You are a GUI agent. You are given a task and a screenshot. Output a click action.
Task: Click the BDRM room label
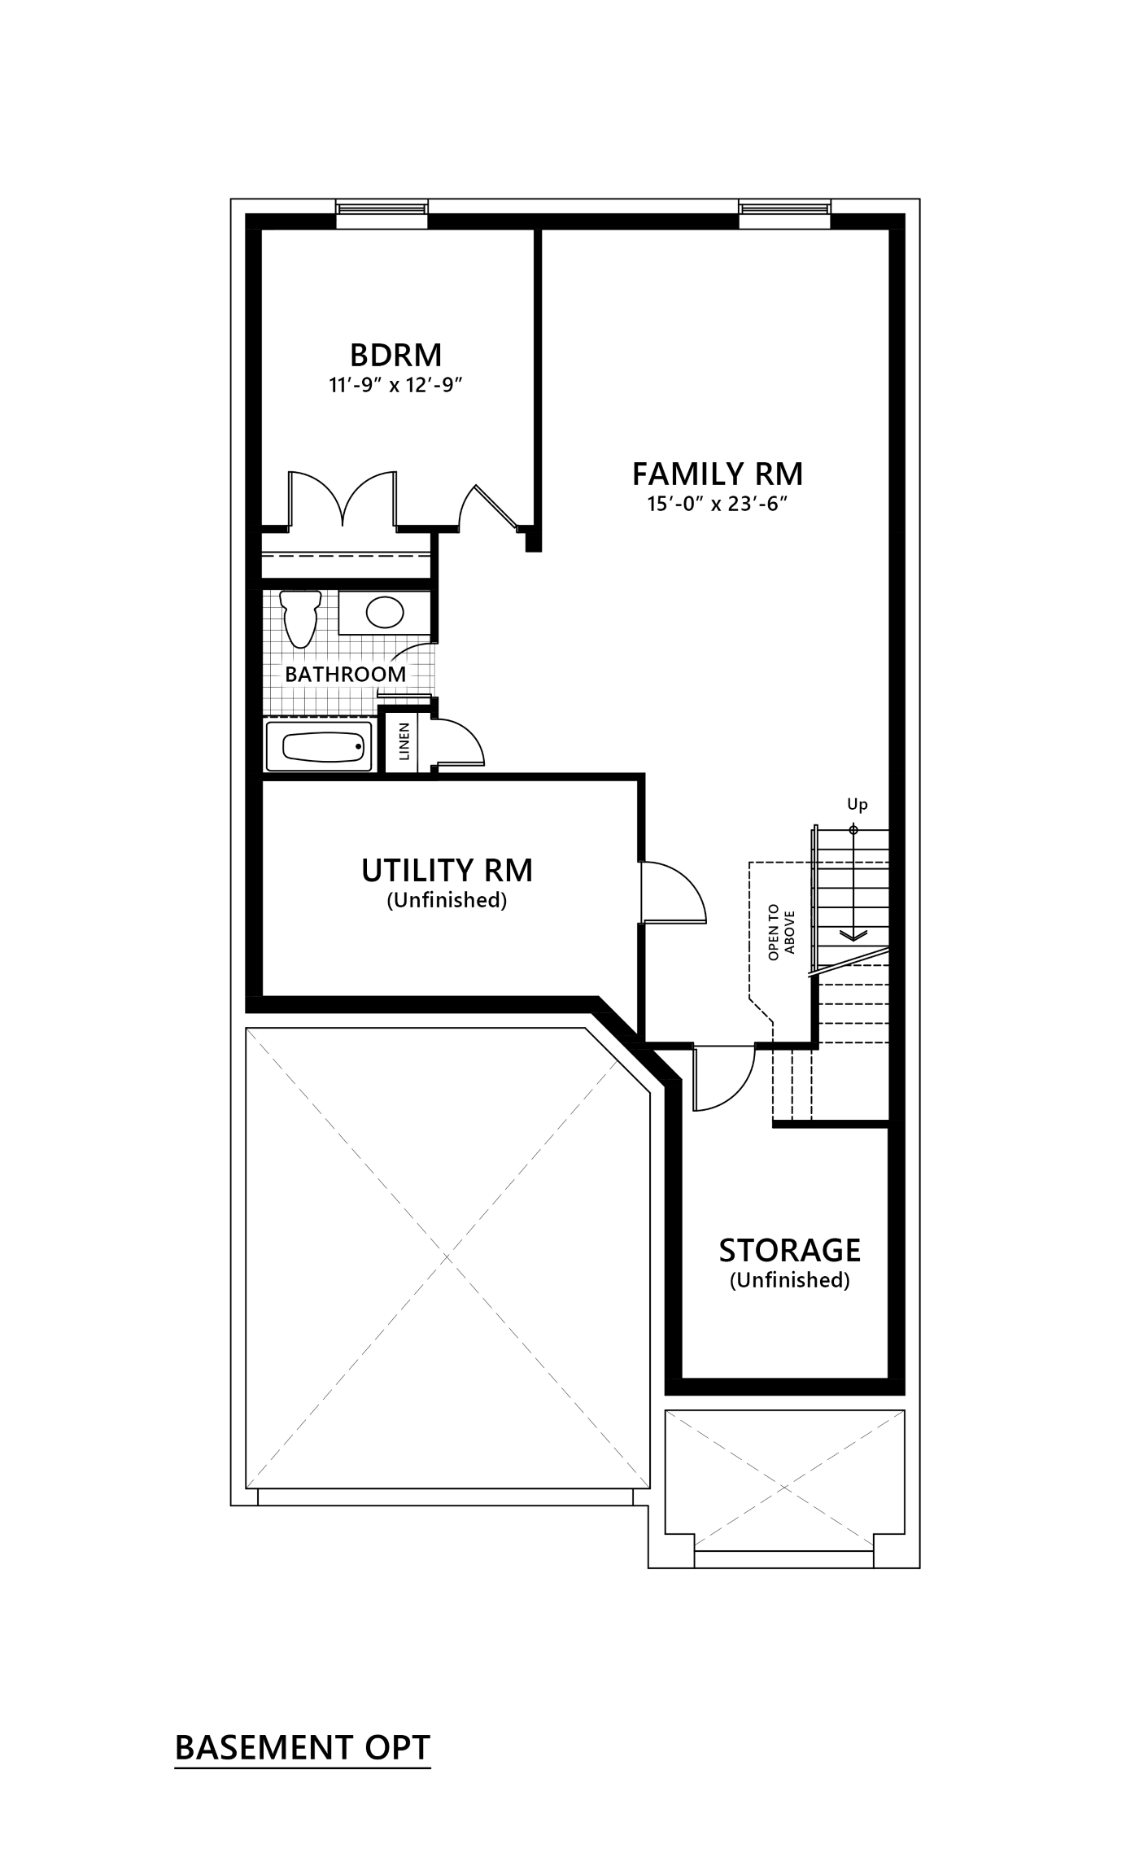tap(395, 355)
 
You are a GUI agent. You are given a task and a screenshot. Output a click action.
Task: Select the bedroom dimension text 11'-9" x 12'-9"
tap(396, 384)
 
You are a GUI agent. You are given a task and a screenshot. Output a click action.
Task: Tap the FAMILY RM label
tap(718, 473)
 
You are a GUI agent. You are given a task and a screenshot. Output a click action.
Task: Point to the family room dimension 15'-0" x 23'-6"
tap(718, 504)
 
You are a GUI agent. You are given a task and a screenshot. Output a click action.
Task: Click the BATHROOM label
tap(345, 674)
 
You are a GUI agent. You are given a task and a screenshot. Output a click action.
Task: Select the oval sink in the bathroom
tap(385, 611)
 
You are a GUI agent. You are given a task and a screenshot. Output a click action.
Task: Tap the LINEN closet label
tap(404, 741)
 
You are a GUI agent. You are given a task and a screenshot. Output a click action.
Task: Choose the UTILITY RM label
tap(447, 870)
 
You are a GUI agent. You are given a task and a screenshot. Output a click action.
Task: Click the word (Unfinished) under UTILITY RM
tap(447, 901)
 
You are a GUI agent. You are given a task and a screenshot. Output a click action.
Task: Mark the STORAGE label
tap(789, 1250)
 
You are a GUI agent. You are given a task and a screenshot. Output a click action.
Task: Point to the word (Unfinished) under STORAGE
tap(789, 1280)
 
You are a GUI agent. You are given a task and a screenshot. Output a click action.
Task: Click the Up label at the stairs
tap(858, 805)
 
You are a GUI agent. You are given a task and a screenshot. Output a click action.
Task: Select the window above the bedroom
tap(382, 210)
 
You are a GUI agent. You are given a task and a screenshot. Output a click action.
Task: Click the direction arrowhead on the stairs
tap(853, 936)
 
